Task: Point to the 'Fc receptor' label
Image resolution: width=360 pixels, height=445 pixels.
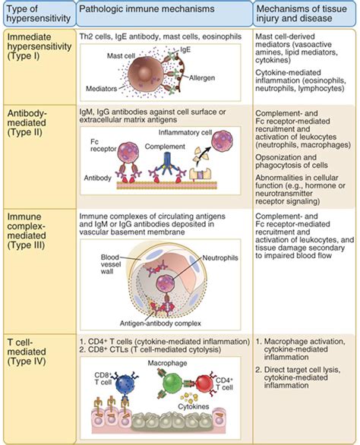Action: click(101, 155)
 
